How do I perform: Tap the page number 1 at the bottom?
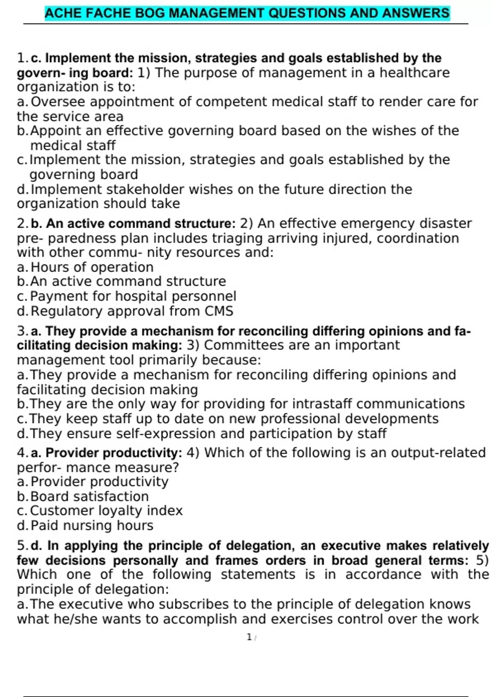249,637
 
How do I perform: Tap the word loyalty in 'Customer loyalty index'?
121,511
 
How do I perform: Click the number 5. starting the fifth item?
23,546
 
